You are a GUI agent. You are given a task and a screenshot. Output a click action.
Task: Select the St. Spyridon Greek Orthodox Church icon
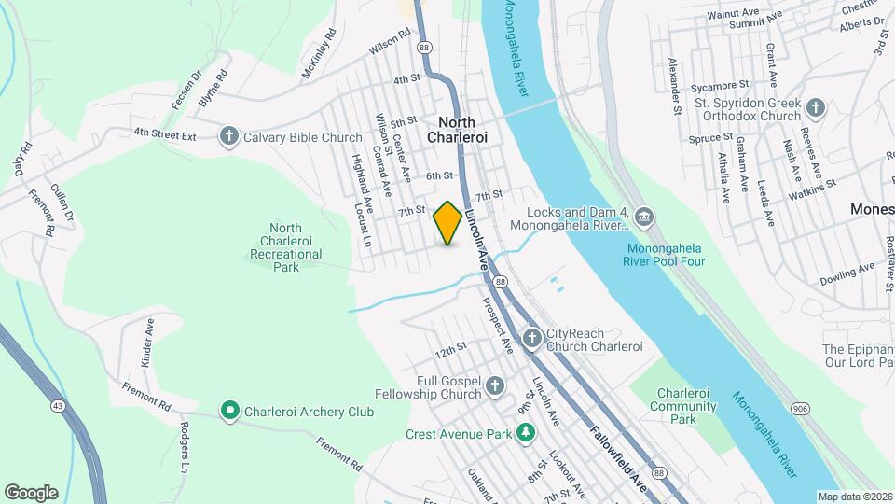pyautogui.click(x=816, y=108)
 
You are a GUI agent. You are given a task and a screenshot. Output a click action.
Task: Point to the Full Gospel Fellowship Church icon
pyautogui.click(x=494, y=385)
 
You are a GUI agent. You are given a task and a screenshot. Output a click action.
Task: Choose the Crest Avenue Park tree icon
pyautogui.click(x=527, y=434)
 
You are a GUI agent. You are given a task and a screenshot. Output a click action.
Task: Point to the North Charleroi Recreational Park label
pyautogui.click(x=284, y=247)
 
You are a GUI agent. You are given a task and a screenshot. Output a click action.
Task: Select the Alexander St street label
pyautogui.click(x=673, y=87)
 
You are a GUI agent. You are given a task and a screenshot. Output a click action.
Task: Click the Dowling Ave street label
pyautogui.click(x=847, y=274)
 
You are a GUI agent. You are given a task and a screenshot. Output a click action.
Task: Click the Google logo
pyautogui.click(x=31, y=492)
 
